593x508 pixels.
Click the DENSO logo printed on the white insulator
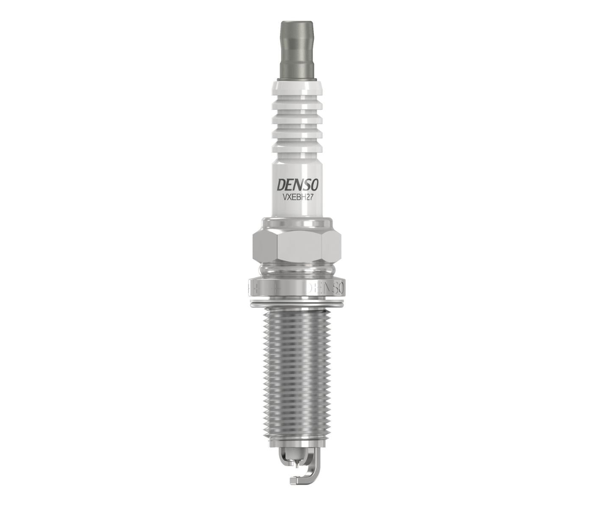click(x=296, y=186)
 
